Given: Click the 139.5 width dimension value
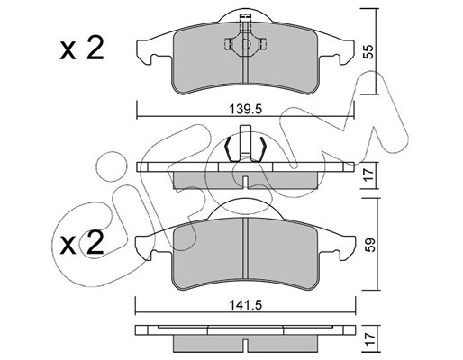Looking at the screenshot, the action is (246, 109).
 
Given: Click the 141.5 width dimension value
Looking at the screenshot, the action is (246, 305).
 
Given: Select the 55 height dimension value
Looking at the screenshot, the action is (369, 51).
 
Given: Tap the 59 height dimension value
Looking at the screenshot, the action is (369, 245).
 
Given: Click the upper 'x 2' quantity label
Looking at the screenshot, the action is (82, 49).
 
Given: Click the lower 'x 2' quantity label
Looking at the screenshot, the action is (82, 243).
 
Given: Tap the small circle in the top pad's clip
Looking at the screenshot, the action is (246, 44).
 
